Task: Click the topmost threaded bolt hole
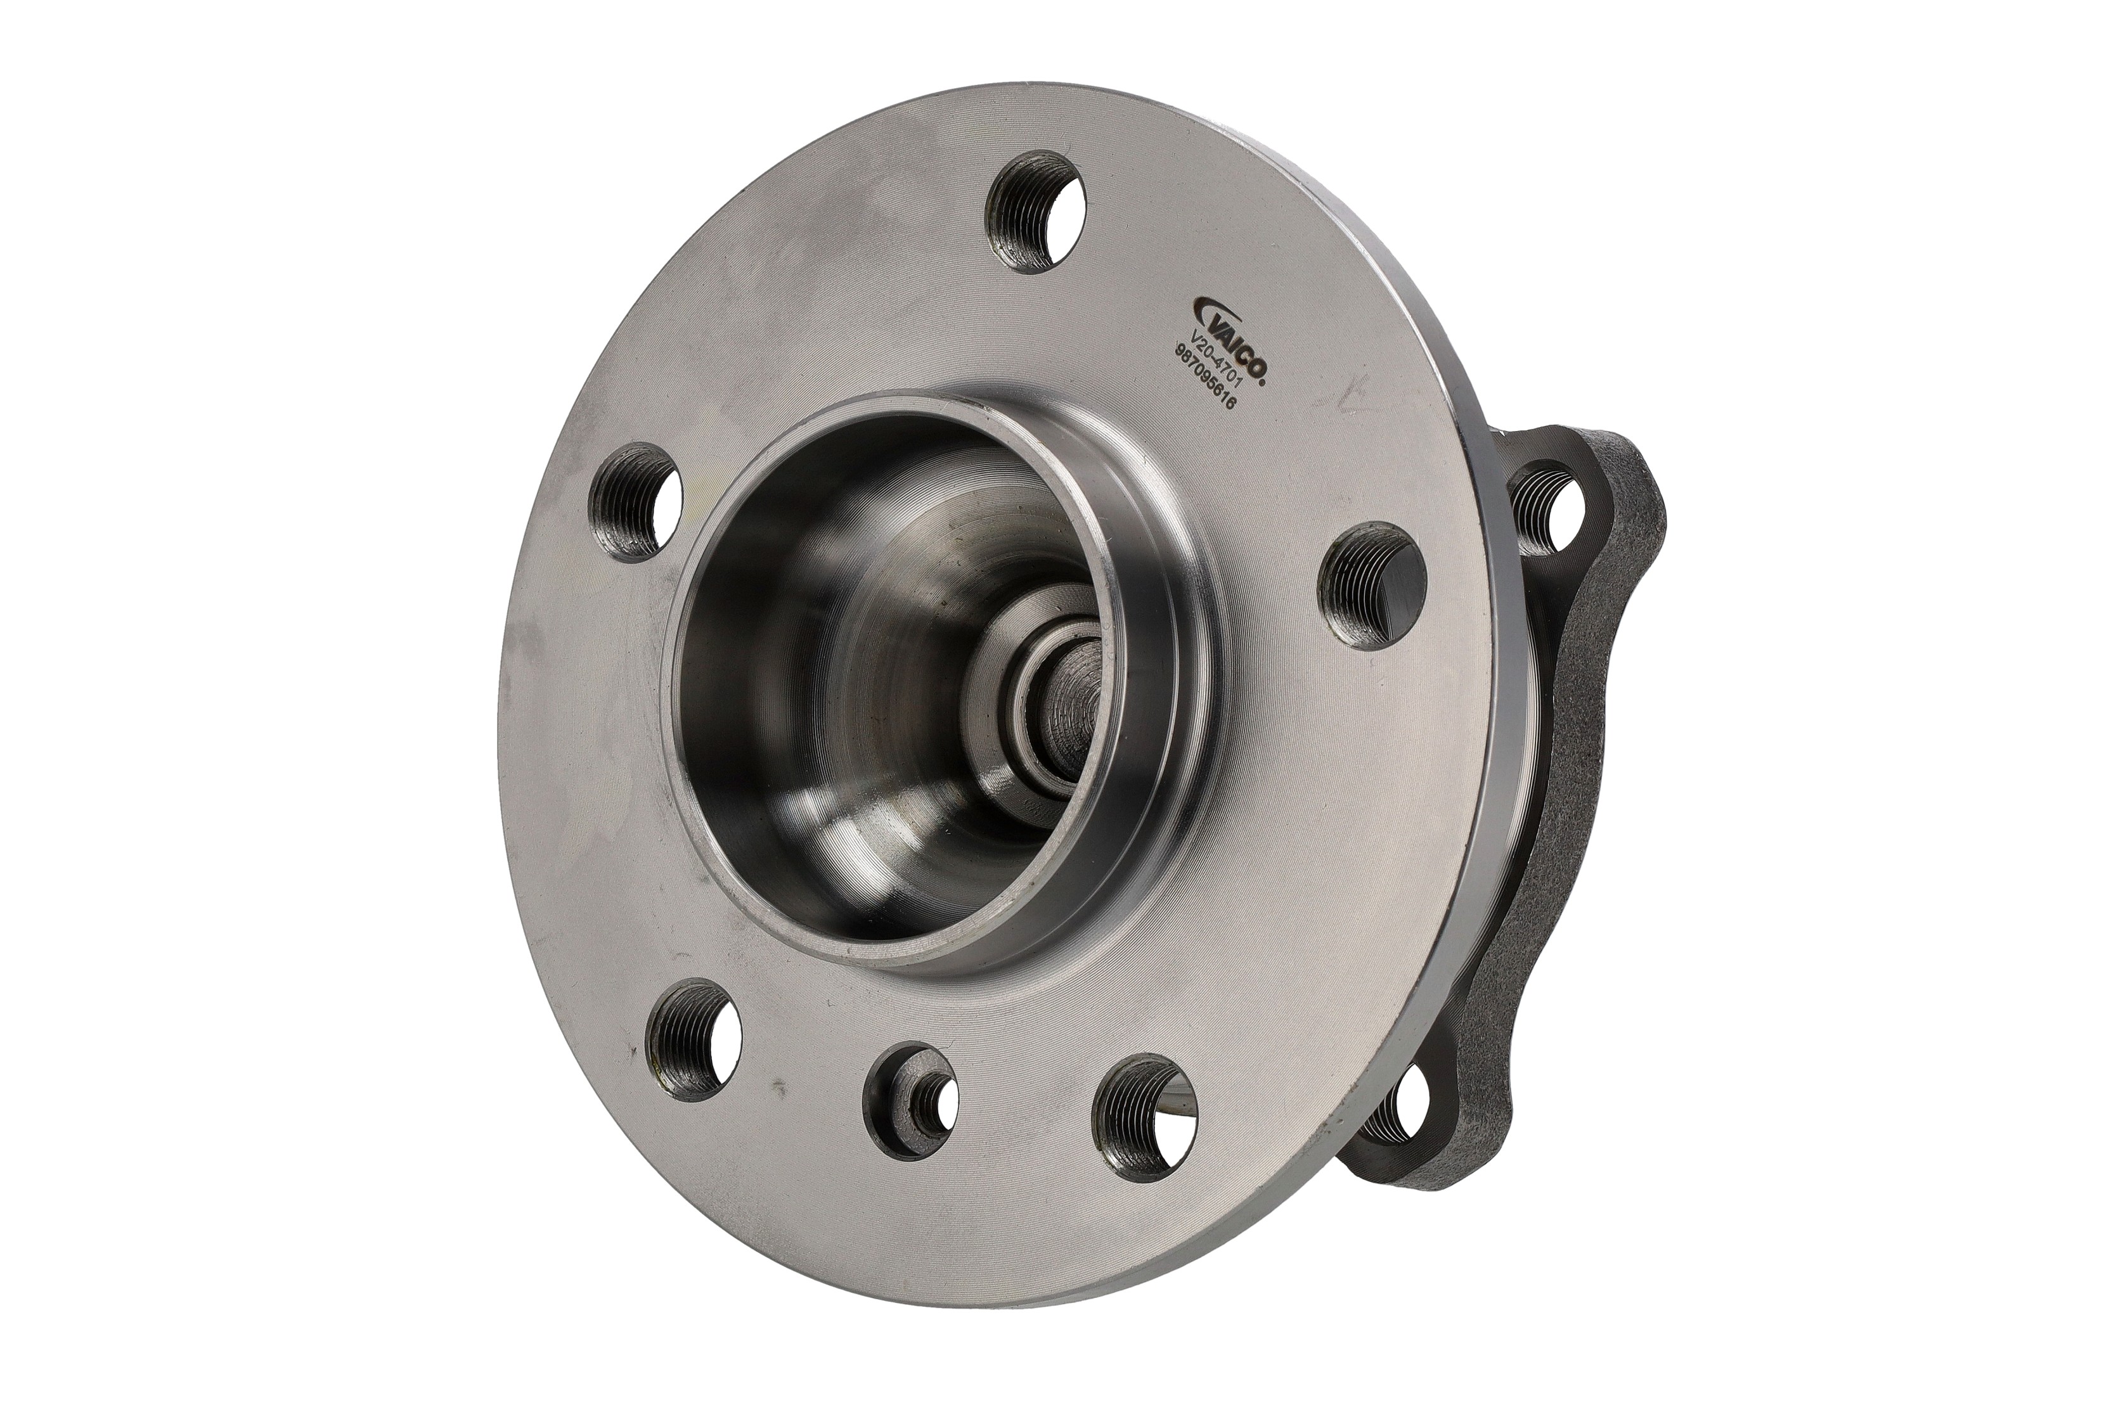pos(1035,212)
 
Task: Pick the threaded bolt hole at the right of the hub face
pos(1371,585)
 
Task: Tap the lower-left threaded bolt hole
pos(694,1041)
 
